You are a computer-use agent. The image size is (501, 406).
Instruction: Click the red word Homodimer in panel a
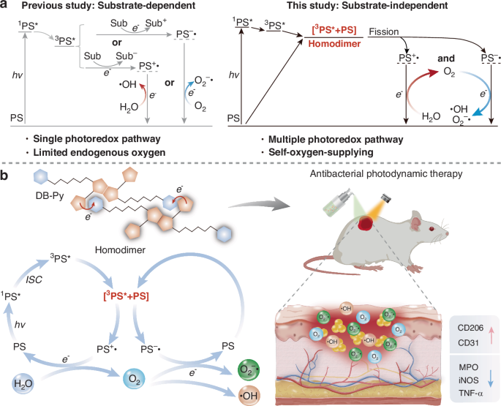coord(334,43)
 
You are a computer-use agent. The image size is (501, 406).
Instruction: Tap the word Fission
coord(384,31)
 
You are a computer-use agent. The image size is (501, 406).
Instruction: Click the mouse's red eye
coord(432,229)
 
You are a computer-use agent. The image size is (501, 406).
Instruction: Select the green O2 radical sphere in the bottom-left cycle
coord(249,369)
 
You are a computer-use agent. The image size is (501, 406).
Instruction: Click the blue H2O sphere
coord(23,383)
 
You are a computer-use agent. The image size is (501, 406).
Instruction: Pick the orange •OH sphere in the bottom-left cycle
coord(249,396)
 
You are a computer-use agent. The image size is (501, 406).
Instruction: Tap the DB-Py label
coord(50,195)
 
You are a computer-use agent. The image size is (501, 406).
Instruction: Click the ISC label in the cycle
coord(34,279)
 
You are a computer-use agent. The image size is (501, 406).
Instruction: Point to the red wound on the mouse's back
coord(366,222)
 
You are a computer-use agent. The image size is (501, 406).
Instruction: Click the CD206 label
coord(470,328)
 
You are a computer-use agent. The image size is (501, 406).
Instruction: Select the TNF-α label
coord(470,393)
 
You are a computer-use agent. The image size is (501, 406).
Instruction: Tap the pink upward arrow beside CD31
coord(491,335)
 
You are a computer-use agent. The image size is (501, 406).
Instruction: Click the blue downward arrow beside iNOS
coord(491,380)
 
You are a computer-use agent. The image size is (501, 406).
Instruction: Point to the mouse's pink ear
coord(417,220)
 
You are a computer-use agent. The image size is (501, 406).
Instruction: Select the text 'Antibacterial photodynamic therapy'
coord(386,173)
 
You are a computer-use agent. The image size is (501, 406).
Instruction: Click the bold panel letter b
coord(4,176)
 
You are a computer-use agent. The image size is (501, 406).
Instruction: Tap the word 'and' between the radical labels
coord(446,59)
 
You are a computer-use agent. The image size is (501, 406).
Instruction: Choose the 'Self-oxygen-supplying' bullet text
coord(321,152)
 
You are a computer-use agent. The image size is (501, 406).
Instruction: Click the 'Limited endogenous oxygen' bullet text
coord(99,152)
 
